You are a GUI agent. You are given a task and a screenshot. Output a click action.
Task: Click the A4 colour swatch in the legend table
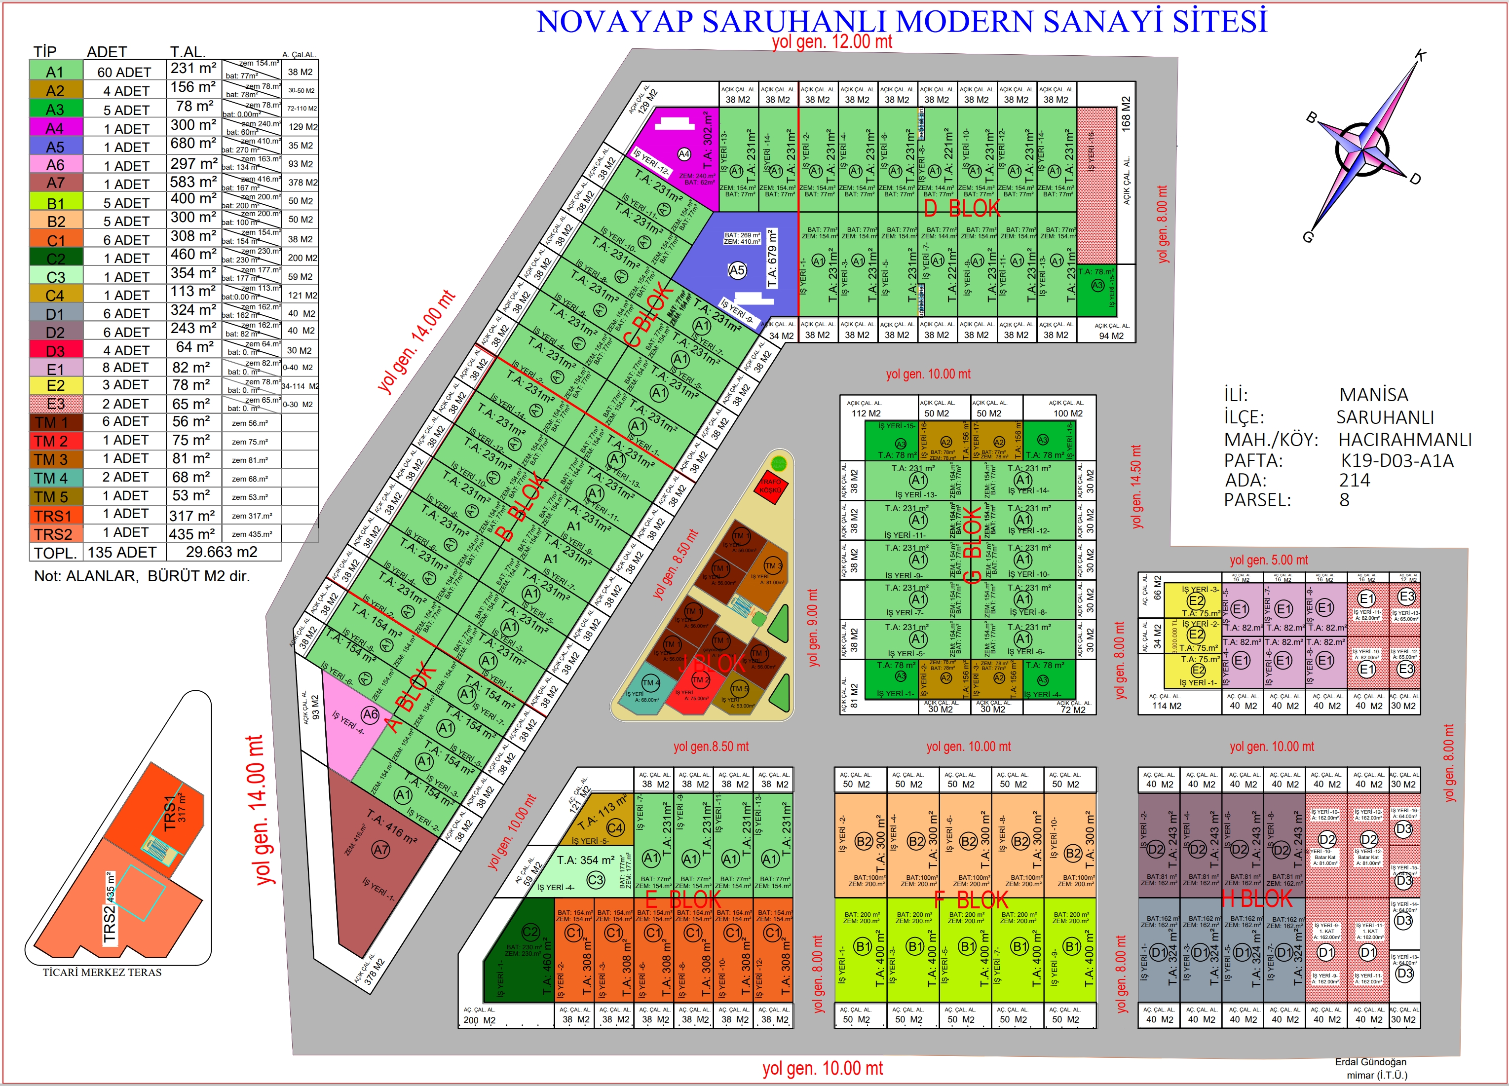[56, 127]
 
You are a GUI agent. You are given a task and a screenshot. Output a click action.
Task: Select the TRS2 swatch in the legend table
[56, 534]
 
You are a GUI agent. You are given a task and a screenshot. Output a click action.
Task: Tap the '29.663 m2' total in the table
[222, 552]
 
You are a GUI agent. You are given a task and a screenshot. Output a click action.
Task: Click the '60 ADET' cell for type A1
[124, 72]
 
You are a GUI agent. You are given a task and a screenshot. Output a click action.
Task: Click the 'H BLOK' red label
[1256, 899]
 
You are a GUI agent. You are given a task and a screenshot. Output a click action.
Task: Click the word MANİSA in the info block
[1373, 395]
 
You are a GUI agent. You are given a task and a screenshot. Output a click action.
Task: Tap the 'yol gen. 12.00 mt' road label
[831, 42]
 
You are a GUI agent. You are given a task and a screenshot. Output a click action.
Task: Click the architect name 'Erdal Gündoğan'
[1371, 1062]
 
